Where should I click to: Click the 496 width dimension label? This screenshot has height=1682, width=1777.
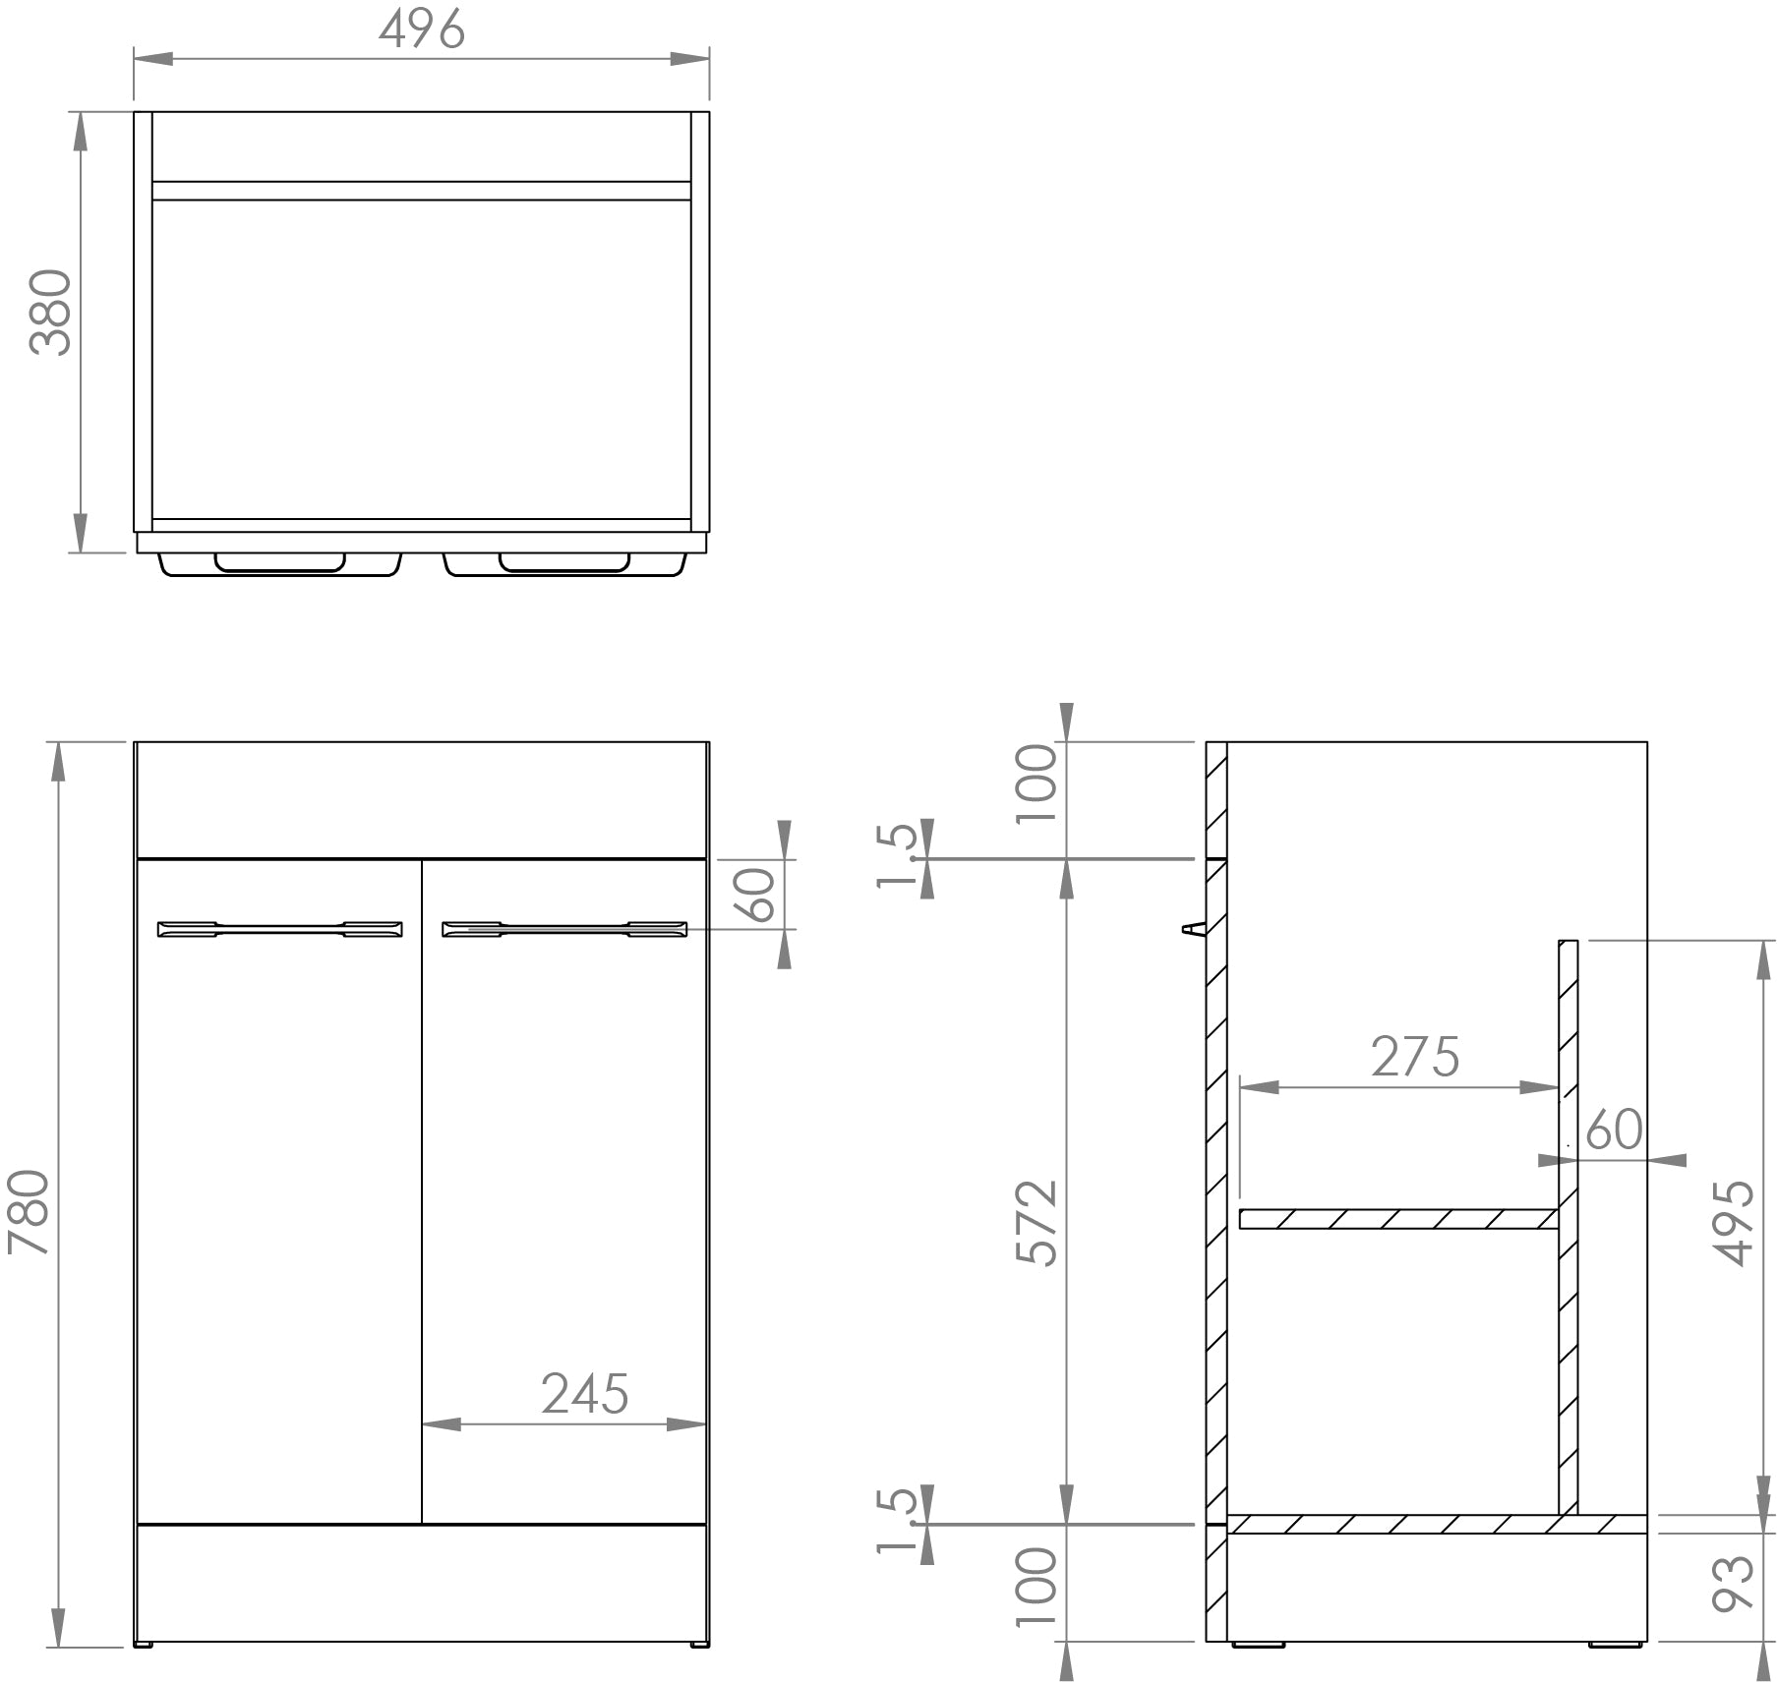click(x=422, y=29)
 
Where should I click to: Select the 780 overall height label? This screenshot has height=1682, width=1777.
click(x=29, y=1211)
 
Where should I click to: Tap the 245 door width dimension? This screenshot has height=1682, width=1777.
click(x=584, y=1393)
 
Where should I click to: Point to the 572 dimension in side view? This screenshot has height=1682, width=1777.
click(x=1037, y=1223)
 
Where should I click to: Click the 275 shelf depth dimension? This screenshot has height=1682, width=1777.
click(x=1415, y=1057)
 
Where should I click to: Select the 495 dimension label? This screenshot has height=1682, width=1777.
click(x=1733, y=1223)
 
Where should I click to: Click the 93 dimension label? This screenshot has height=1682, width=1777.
click(x=1733, y=1584)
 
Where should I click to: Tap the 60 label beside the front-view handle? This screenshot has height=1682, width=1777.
click(x=760, y=895)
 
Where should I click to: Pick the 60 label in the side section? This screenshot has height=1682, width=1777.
click(x=1614, y=1130)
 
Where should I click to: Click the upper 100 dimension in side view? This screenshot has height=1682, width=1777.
click(x=1037, y=784)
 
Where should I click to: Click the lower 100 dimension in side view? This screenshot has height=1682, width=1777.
click(x=1037, y=1586)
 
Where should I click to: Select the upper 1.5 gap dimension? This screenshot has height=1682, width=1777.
click(x=896, y=855)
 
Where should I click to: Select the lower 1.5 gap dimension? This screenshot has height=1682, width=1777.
click(x=896, y=1520)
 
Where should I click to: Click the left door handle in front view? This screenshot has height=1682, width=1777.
click(x=280, y=929)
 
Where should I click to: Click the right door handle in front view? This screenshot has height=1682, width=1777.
click(x=564, y=929)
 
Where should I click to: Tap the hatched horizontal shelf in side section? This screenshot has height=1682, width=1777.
click(x=1396, y=1219)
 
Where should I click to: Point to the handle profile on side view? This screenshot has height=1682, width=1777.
click(x=1192, y=928)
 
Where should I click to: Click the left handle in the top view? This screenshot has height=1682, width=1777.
click(x=280, y=563)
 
